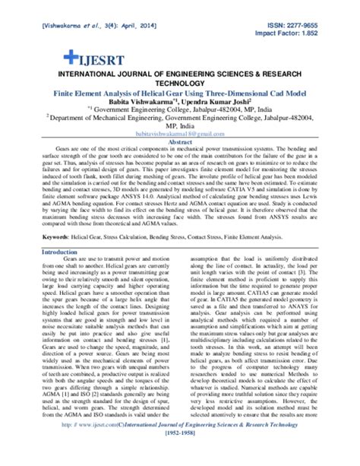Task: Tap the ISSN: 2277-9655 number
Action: point(309,25)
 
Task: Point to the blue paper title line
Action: point(180,89)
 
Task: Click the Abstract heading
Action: point(179,141)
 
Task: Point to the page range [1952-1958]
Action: point(180,454)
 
